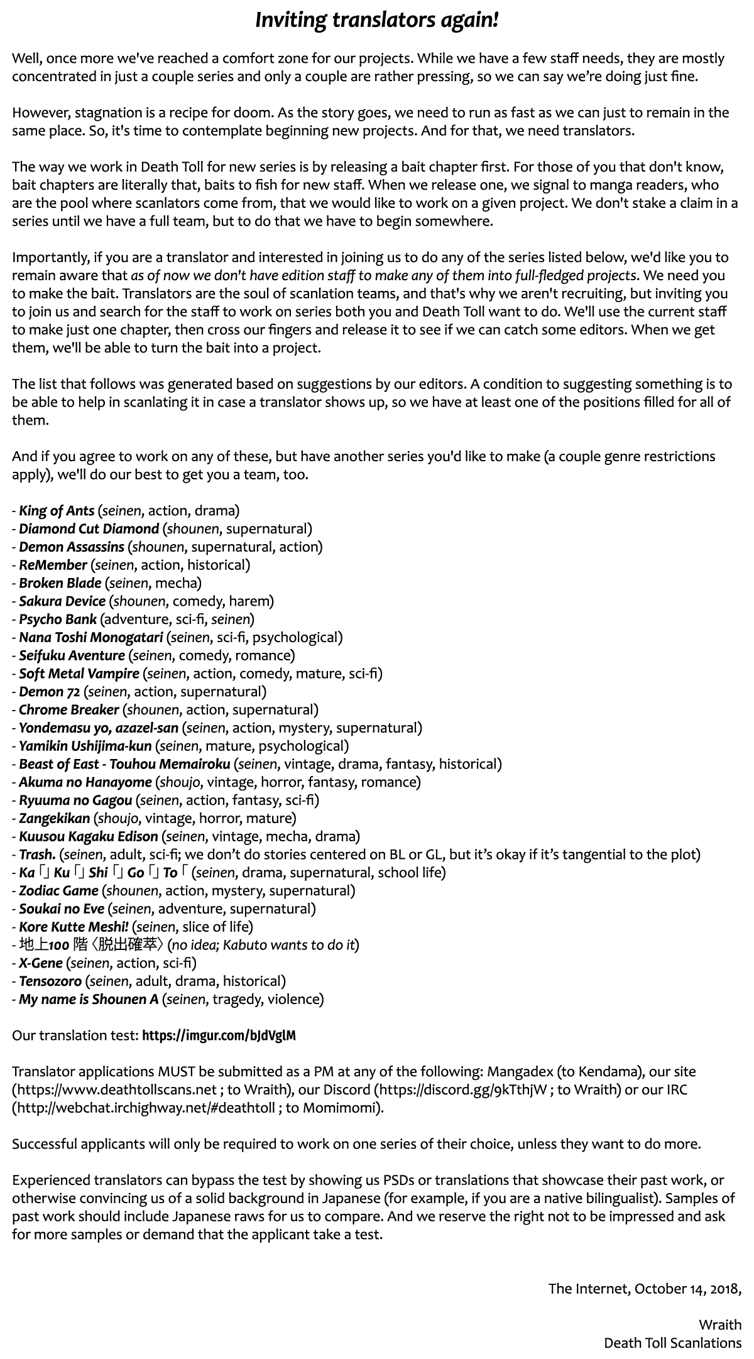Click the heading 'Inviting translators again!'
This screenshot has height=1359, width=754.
[x=377, y=20]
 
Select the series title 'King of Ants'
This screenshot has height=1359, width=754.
[x=57, y=511]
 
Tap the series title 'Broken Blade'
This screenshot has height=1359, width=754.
[x=60, y=583]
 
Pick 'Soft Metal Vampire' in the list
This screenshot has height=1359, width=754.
[x=79, y=674]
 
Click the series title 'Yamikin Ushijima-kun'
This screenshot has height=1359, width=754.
[x=85, y=746]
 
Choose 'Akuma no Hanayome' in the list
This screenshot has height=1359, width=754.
[x=85, y=782]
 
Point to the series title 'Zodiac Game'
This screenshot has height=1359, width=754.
[x=59, y=891]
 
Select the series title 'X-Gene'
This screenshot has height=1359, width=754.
[x=41, y=963]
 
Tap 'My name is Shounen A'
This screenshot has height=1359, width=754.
[x=89, y=999]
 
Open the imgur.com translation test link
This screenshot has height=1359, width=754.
[x=219, y=1035]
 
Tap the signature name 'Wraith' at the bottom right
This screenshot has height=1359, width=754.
[x=720, y=1325]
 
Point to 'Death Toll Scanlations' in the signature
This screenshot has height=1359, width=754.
[x=672, y=1343]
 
